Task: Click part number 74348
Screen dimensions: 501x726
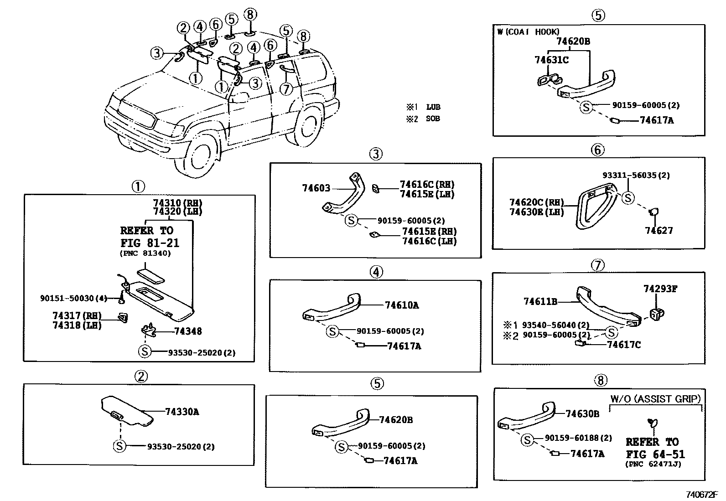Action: [188, 331]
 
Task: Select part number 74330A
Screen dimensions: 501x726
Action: [182, 412]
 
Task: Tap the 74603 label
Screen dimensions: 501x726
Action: [316, 188]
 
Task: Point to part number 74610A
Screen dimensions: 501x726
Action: [401, 305]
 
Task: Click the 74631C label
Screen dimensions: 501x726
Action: [551, 60]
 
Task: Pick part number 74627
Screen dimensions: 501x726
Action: [659, 230]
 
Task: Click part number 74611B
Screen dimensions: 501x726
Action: [540, 301]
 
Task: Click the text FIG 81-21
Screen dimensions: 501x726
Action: [150, 243]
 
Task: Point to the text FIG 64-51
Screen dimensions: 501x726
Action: [655, 454]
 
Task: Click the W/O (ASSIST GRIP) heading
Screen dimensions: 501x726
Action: [655, 399]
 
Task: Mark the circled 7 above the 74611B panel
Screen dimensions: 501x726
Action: [597, 265]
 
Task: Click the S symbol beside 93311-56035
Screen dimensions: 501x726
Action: [628, 198]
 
